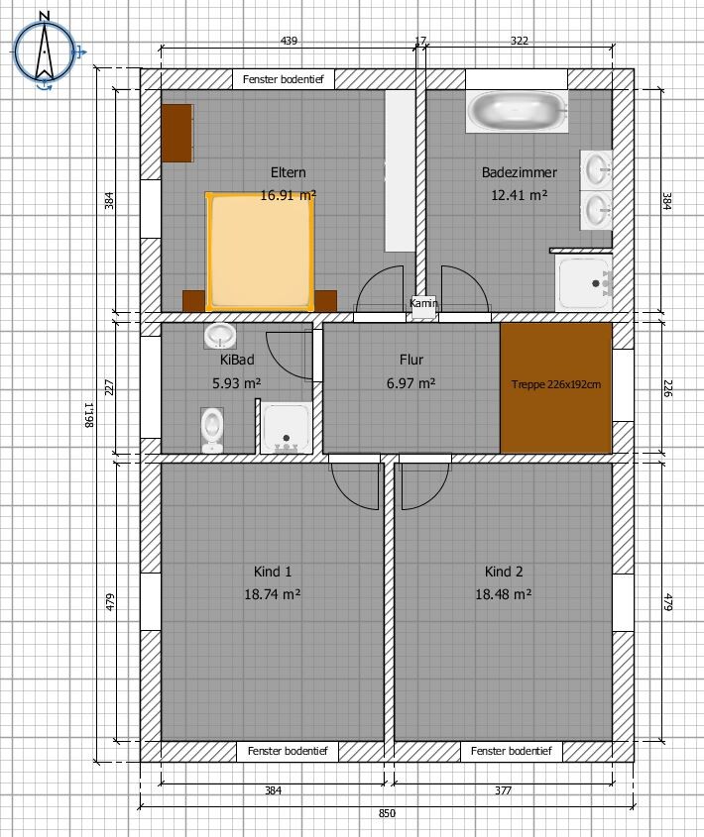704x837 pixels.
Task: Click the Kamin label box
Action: pos(423,306)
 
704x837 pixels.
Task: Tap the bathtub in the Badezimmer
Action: pos(517,111)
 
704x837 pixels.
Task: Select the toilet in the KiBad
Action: pos(212,430)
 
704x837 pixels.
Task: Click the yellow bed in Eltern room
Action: pos(260,252)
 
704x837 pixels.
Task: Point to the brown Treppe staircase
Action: pos(556,387)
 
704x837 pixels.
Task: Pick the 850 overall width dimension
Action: pos(387,813)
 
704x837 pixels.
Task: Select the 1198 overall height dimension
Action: pos(88,415)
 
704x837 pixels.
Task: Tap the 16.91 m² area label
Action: pos(289,195)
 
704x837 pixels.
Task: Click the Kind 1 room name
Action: pos(273,572)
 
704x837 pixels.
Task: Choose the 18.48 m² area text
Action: pos(504,594)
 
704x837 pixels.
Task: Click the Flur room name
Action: pos(411,360)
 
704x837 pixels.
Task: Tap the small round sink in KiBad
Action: pos(220,336)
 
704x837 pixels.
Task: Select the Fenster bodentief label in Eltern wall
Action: pos(284,79)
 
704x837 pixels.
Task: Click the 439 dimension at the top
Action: pos(289,41)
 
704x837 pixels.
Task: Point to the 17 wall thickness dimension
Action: pos(420,41)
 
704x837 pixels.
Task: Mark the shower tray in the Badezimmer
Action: pos(584,283)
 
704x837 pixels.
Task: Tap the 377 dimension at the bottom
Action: pos(503,790)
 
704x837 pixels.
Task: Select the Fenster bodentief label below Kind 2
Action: pos(511,751)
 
